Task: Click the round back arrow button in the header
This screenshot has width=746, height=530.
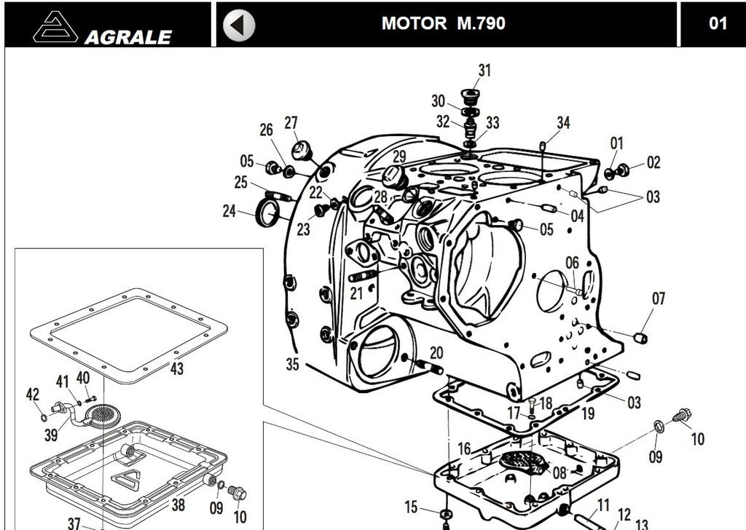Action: coord(239,25)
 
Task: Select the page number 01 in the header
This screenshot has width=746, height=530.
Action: coord(718,23)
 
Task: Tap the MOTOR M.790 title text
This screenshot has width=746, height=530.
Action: coord(443,23)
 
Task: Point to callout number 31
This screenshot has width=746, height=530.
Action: coord(484,71)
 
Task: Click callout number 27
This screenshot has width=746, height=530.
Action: coord(291,122)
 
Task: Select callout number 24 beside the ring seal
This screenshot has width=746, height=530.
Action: coord(229,211)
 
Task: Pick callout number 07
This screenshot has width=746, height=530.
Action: coord(659,298)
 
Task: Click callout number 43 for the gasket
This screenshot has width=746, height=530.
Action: coord(177,368)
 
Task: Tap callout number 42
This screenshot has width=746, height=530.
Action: coord(33,394)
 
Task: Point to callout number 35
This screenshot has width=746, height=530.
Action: coord(292,364)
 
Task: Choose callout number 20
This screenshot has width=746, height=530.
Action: coord(436,352)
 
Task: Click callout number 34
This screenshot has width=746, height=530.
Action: coord(563,122)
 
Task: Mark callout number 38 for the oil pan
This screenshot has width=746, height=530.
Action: coord(178,504)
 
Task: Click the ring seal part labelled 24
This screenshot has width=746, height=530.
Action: coord(270,213)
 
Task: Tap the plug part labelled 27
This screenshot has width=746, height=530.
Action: coord(302,151)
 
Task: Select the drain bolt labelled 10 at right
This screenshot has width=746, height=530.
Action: coord(683,417)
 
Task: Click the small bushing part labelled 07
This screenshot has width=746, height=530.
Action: coord(640,338)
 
